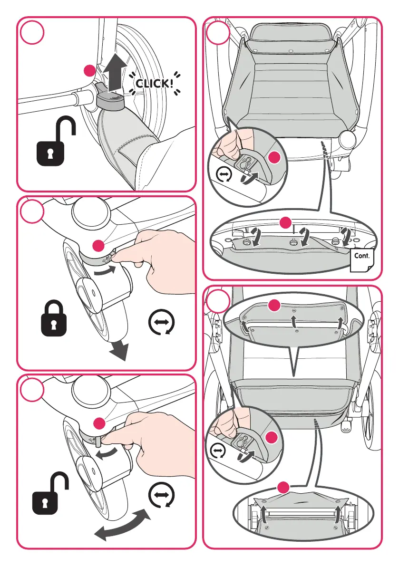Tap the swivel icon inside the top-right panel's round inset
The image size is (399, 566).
(x=224, y=175)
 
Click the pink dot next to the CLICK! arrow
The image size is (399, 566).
(x=88, y=71)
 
